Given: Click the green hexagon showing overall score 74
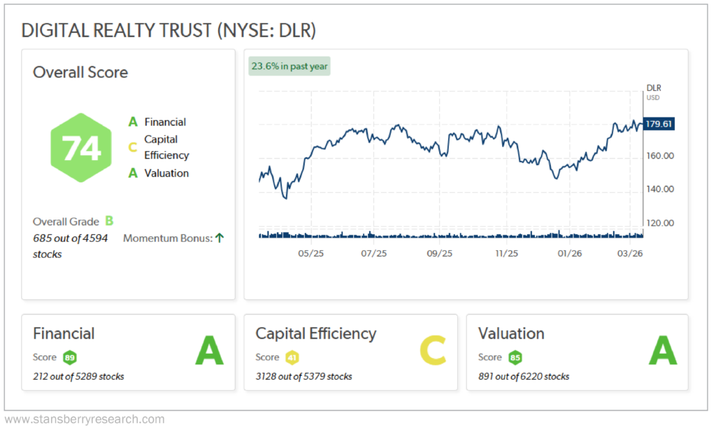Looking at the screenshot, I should tap(81, 148).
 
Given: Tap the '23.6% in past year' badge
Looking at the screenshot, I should tap(289, 66).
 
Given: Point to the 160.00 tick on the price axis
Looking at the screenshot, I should tap(659, 156).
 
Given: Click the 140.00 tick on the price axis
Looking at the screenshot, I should tap(659, 189).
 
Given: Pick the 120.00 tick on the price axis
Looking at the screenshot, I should tap(659, 223).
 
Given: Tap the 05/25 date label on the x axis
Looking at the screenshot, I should tap(310, 253).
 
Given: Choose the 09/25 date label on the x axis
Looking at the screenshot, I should tap(439, 253).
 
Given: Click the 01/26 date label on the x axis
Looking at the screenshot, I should tap(568, 253).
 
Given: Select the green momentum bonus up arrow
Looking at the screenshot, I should tap(219, 238).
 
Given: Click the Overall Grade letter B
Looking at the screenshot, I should tap(109, 222).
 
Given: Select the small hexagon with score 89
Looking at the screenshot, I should tap(69, 357).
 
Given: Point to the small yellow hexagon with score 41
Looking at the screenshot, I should tap(292, 357).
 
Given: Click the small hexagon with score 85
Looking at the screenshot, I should tap(515, 357).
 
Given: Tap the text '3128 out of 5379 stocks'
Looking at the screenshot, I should tap(303, 376).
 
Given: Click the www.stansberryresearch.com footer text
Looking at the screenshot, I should tap(85, 420).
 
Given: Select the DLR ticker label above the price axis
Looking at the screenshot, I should tap(653, 88).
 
